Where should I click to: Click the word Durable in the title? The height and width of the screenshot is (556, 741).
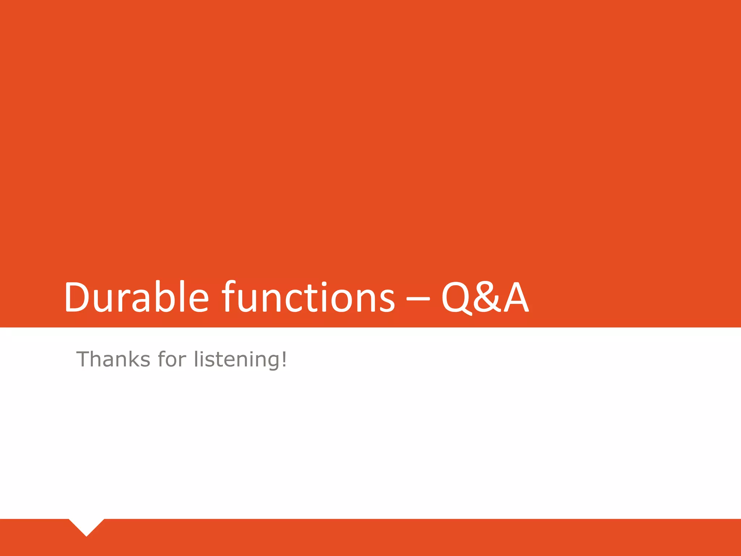click(136, 297)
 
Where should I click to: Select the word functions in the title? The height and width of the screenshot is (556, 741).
click(308, 297)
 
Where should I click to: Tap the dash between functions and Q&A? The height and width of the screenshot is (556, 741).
click(418, 299)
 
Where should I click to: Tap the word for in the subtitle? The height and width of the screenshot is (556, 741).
click(172, 359)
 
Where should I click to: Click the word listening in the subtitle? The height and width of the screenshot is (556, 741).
click(237, 359)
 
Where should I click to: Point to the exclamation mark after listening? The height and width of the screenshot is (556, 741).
click(284, 358)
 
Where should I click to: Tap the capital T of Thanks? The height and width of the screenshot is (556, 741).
click(84, 359)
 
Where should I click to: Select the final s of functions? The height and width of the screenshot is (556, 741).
click(386, 300)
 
